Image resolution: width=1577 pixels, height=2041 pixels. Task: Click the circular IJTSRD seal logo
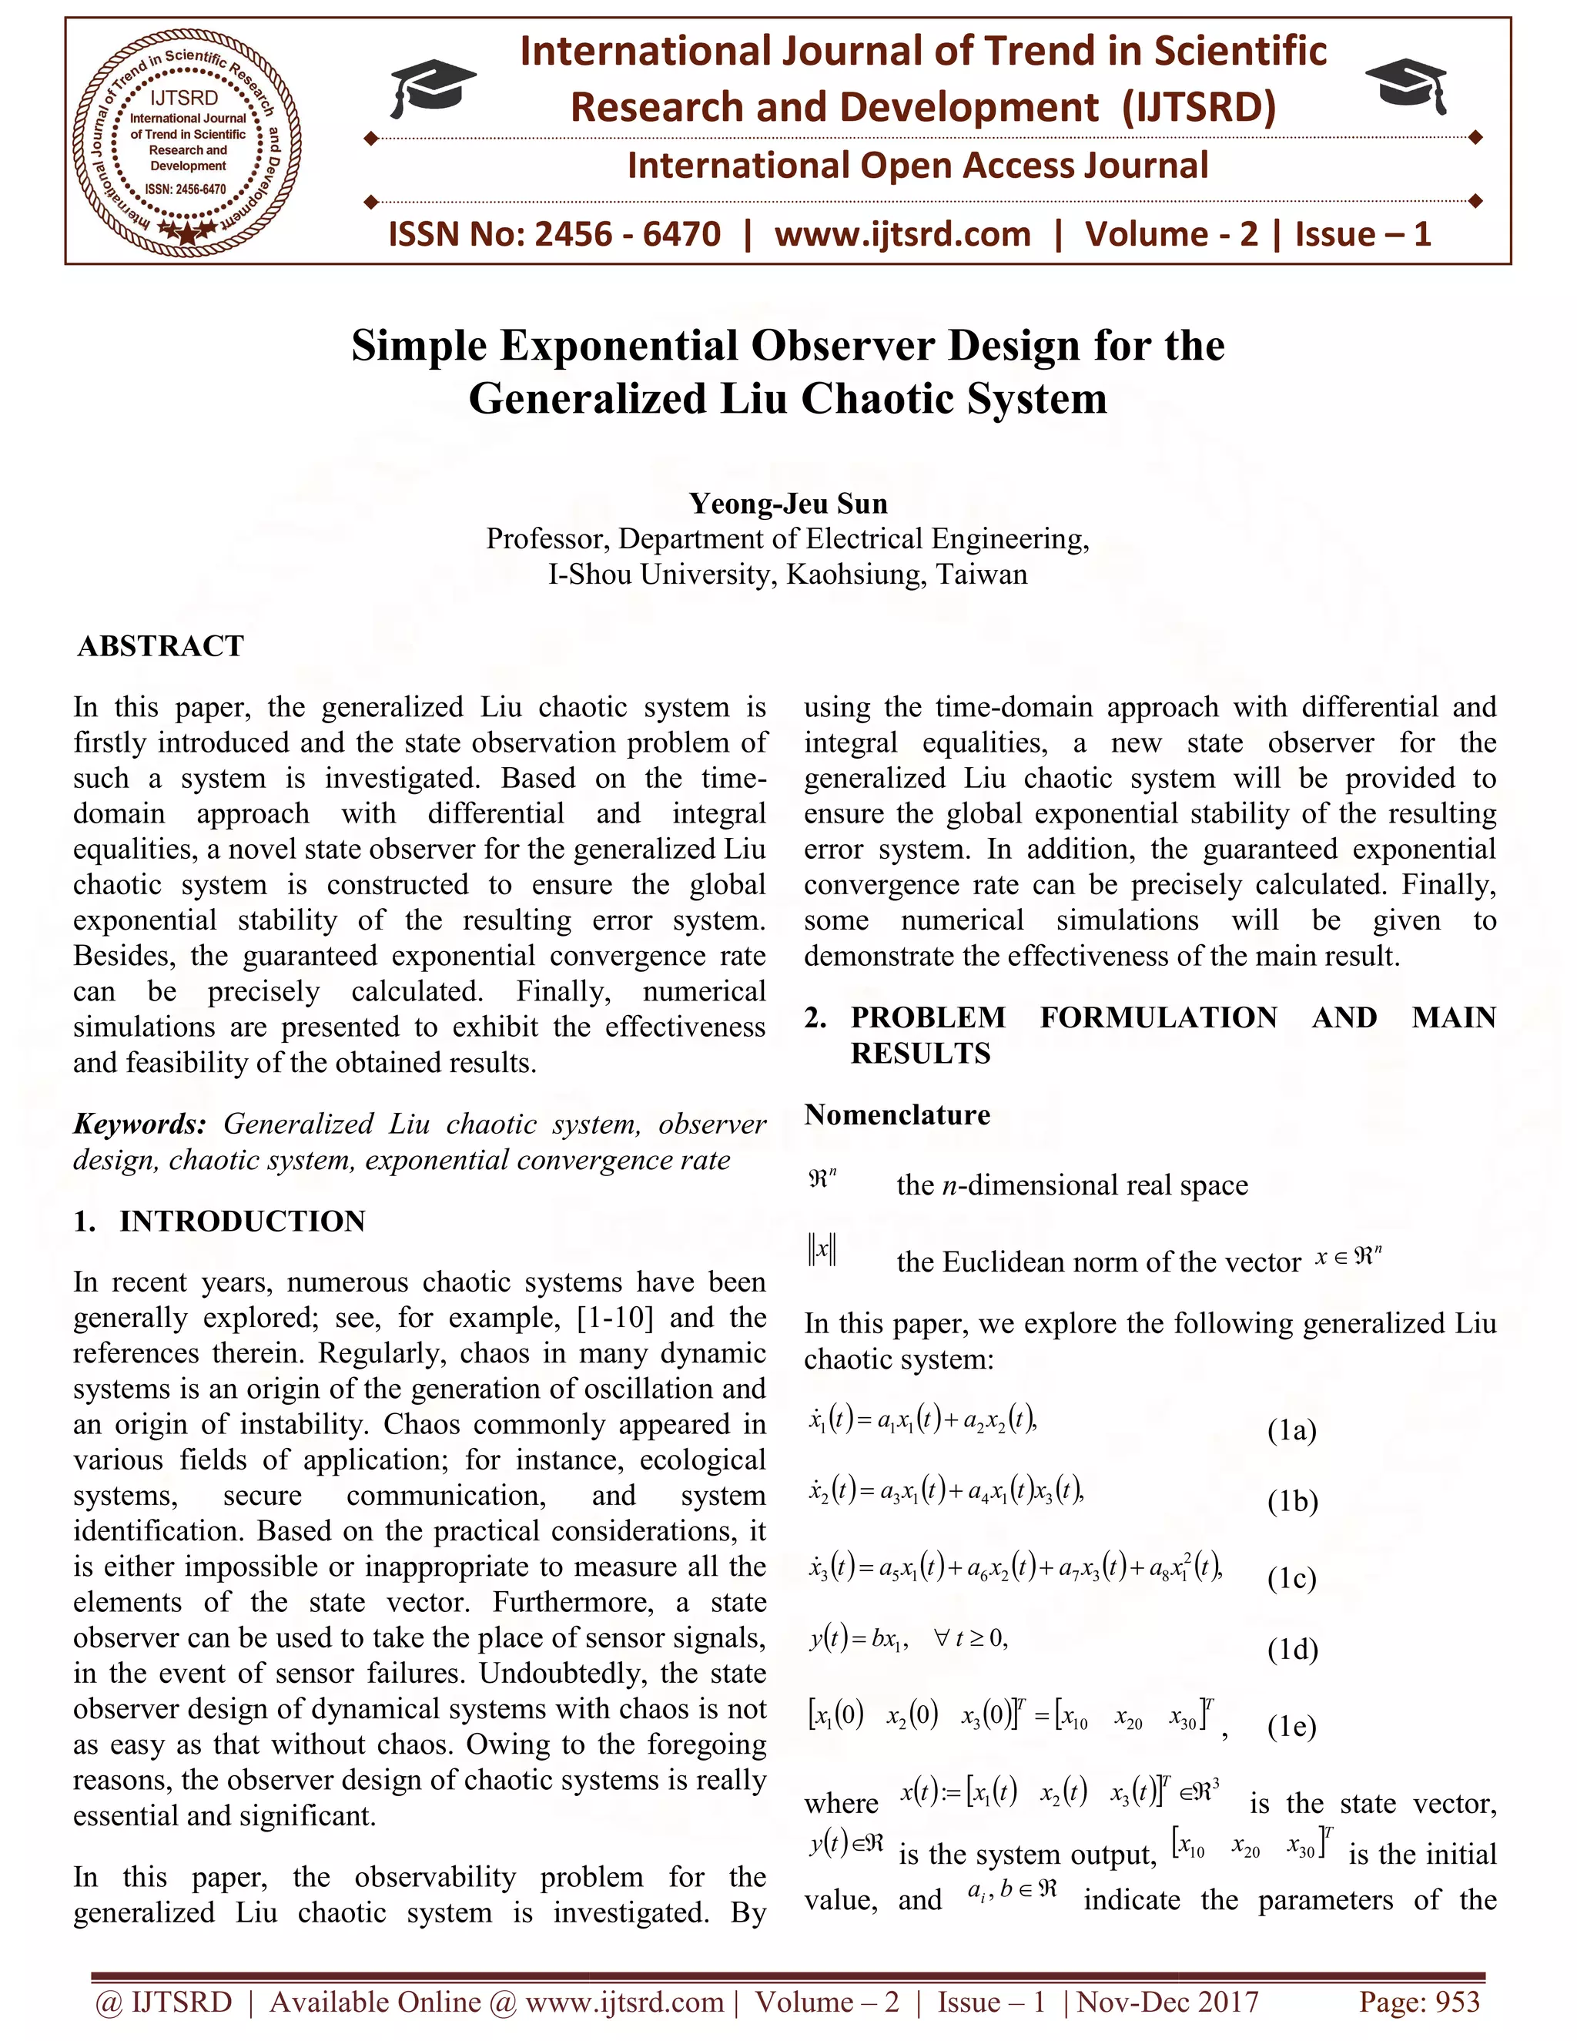[187, 141]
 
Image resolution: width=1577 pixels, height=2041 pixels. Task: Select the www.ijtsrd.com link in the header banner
[902, 233]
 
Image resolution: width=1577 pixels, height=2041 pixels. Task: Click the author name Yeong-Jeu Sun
[788, 504]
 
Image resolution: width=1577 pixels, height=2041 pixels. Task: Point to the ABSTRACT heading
[161, 645]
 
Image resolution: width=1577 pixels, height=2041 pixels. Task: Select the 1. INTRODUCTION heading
[219, 1222]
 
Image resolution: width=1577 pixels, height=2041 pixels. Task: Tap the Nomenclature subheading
[897, 1115]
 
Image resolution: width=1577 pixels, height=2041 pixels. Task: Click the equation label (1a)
[1291, 1431]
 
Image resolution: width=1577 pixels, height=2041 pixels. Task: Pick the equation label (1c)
[1291, 1578]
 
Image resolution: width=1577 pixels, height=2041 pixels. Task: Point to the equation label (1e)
[1291, 1726]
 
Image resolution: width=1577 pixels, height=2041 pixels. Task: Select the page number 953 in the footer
[1460, 2002]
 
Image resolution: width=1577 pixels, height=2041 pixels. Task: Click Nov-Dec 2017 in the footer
[1168, 2002]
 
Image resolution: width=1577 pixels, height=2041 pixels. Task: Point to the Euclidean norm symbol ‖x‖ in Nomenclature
[823, 1249]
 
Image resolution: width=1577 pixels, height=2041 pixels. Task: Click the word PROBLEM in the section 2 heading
[927, 1017]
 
